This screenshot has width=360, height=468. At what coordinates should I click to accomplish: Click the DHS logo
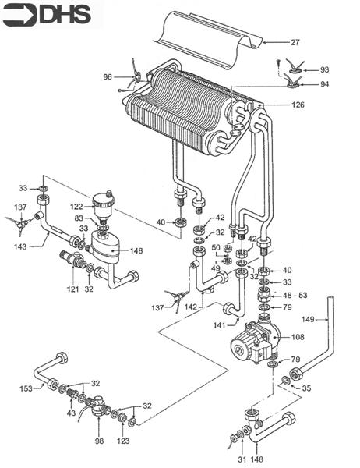click(48, 13)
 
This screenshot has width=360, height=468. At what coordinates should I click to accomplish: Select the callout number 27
click(295, 41)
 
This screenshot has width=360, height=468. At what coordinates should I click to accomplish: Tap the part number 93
click(324, 70)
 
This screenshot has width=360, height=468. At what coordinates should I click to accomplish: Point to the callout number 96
click(108, 76)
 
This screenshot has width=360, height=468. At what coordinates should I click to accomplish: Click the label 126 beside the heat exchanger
click(298, 105)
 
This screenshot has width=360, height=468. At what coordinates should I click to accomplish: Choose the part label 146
click(136, 251)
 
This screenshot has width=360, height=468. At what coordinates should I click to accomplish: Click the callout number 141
click(199, 324)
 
